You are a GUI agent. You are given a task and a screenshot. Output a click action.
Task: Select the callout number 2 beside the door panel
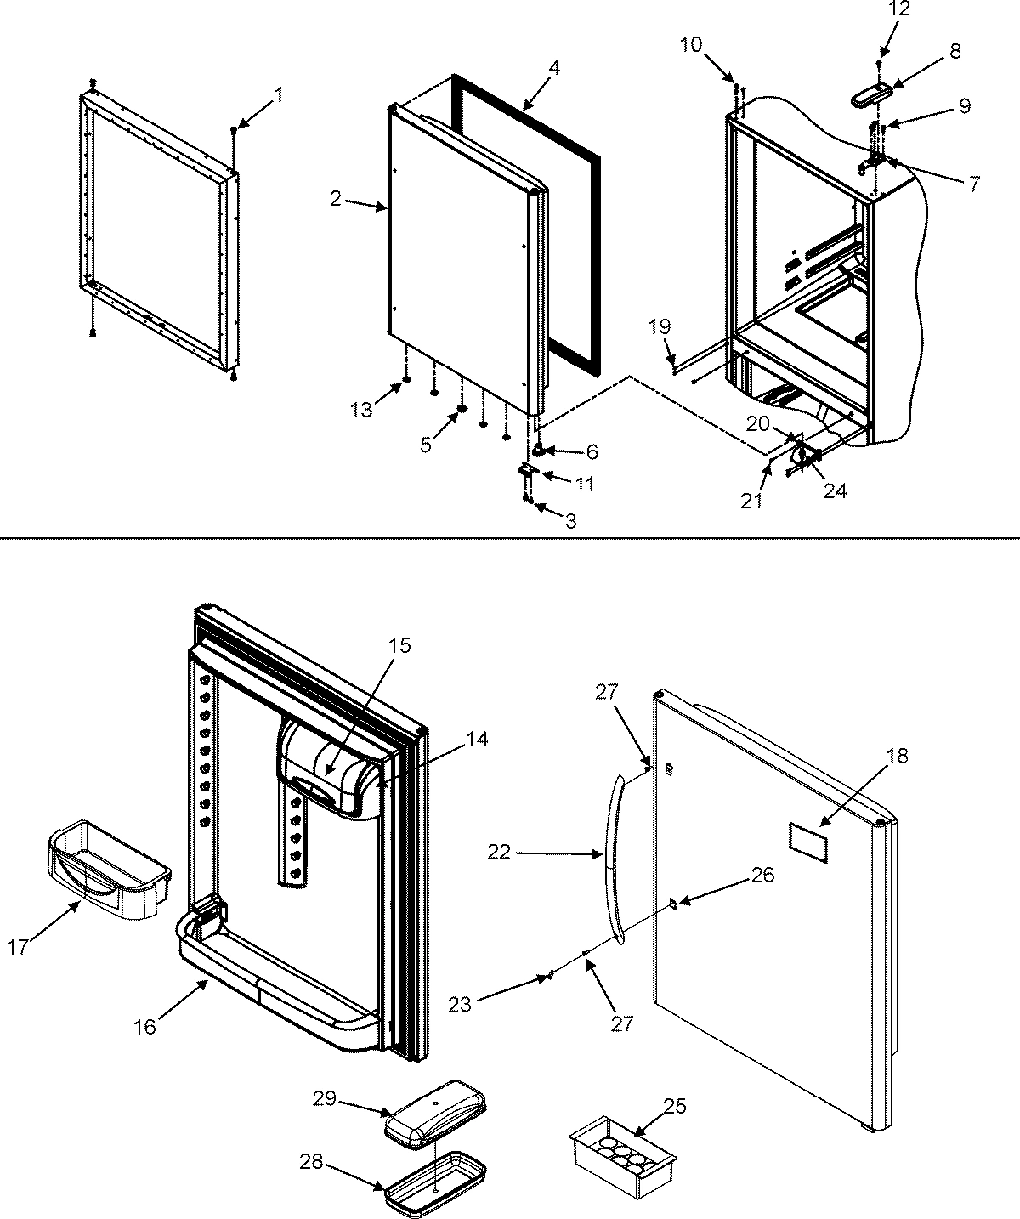(x=337, y=199)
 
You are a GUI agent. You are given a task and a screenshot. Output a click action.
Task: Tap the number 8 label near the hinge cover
(x=955, y=51)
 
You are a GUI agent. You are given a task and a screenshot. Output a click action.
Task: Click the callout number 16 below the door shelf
(x=145, y=1026)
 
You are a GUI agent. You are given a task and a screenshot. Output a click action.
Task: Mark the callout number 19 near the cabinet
(x=662, y=326)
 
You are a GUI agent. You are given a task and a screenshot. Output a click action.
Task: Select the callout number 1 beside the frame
(x=280, y=95)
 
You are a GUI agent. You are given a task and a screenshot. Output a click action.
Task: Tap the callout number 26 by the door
(x=763, y=875)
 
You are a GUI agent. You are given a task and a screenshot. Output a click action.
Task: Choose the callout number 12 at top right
(x=876, y=9)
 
